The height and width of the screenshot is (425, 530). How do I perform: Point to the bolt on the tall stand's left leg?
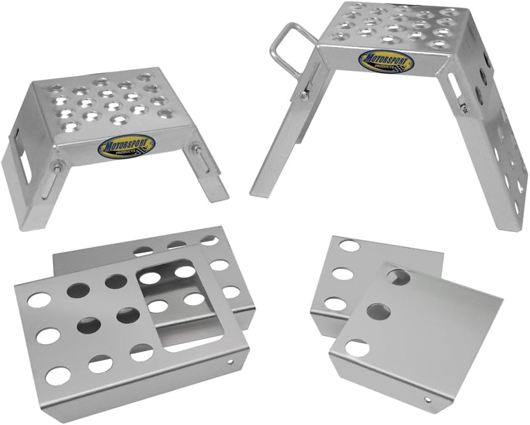coord(303,94)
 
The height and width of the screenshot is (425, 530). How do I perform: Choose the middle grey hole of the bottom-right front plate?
coord(374,310)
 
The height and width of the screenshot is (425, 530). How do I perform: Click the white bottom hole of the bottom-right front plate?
coord(357,348)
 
